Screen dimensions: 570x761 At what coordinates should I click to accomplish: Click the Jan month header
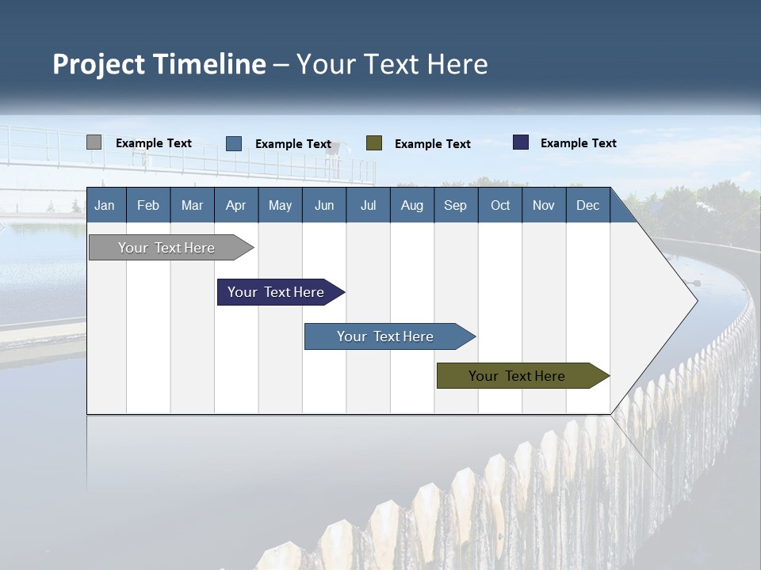(x=105, y=205)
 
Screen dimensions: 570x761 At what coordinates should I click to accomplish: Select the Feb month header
(x=148, y=205)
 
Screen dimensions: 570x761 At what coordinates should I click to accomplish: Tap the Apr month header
(x=235, y=205)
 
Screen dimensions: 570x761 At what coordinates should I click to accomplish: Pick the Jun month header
(x=324, y=205)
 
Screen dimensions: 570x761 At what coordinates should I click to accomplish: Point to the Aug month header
(x=411, y=205)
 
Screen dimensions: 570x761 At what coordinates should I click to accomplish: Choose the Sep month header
(x=455, y=205)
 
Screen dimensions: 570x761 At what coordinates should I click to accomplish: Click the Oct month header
(x=500, y=205)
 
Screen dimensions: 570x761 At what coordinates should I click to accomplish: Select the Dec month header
(x=587, y=205)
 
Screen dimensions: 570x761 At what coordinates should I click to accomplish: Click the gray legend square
(x=94, y=142)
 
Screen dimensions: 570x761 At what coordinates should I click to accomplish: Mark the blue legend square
(x=234, y=143)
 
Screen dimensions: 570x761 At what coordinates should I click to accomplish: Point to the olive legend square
(x=374, y=142)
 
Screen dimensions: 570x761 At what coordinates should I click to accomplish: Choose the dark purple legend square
(x=521, y=142)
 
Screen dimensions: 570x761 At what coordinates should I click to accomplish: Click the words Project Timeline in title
(x=159, y=64)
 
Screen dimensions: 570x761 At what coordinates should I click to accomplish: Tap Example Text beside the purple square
(x=578, y=143)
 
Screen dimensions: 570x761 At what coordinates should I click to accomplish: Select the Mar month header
(x=192, y=205)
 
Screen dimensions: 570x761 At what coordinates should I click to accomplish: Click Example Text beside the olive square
(x=432, y=144)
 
